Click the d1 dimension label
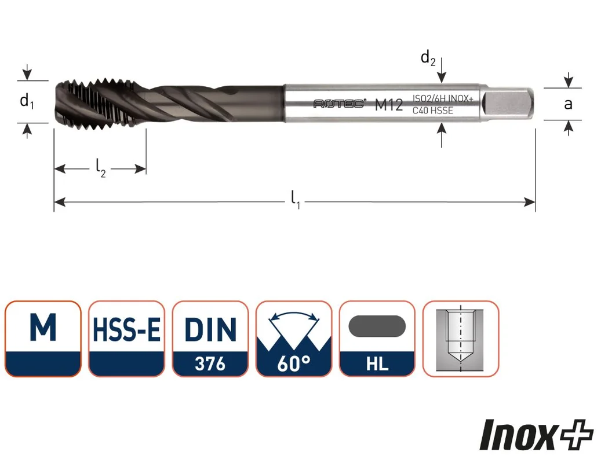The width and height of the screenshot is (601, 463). (x=27, y=102)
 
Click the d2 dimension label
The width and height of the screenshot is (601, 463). (x=428, y=58)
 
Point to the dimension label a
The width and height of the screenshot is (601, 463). (x=568, y=104)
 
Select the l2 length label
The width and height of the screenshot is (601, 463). (x=100, y=168)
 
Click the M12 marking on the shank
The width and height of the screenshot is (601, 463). (x=389, y=104)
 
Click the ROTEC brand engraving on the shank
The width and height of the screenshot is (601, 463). (x=339, y=104)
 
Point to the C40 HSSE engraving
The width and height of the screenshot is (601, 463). (x=432, y=111)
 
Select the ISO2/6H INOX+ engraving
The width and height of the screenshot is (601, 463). (x=443, y=99)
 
